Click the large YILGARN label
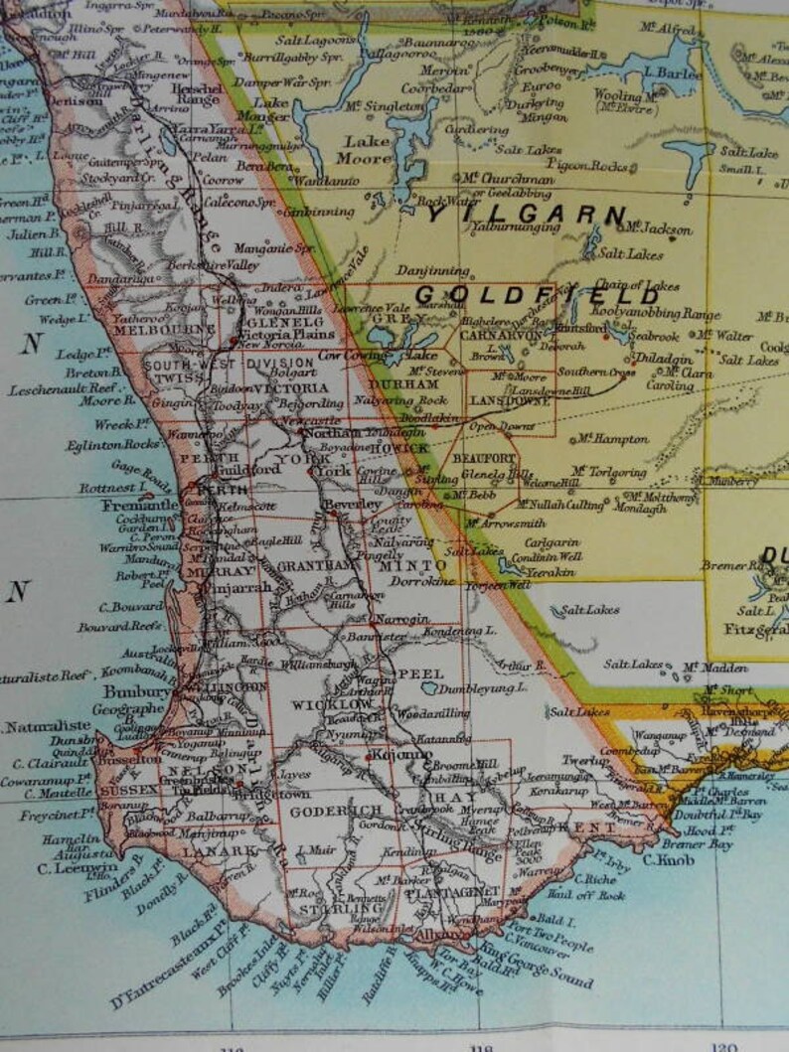(x=527, y=214)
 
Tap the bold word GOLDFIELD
(x=537, y=295)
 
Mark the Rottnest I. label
(x=109, y=488)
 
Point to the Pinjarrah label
(x=239, y=587)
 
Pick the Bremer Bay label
(x=700, y=844)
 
